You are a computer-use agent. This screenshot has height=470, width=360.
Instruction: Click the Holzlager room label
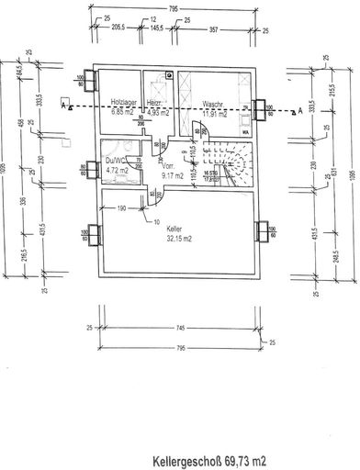point(123,104)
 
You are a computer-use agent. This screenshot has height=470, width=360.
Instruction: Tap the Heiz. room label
point(156,104)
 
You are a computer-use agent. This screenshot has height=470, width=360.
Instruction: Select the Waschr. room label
point(214,104)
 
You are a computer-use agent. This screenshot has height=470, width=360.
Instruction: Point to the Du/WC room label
point(117,160)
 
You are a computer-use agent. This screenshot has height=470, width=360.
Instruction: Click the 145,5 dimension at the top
point(160,30)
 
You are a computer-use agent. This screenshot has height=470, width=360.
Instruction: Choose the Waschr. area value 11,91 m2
point(215,113)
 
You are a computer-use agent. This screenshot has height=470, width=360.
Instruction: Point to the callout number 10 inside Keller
point(157,222)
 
